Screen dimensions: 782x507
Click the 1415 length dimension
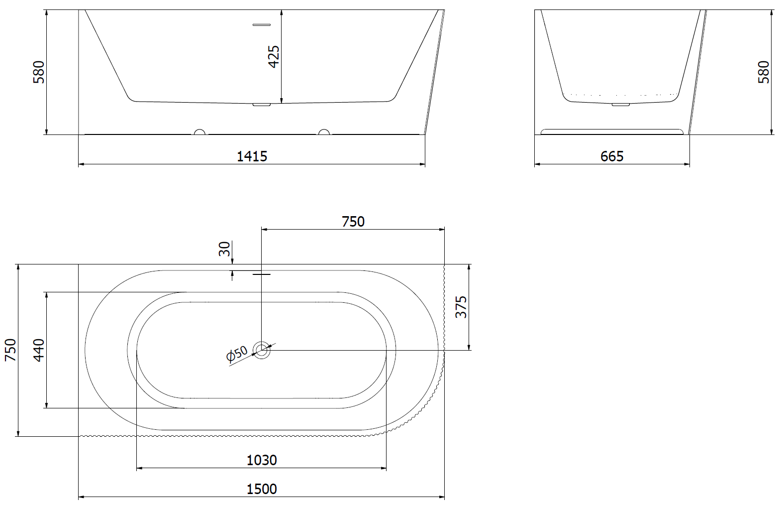coord(252,156)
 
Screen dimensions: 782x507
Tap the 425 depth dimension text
coord(274,56)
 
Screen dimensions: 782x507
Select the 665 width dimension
coord(612,156)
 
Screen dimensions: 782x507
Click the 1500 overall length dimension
coord(262,489)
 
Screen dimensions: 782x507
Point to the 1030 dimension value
coord(262,460)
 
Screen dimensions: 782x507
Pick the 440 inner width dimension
coord(39,350)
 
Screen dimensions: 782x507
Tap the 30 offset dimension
coord(224,249)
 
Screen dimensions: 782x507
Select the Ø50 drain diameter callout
coord(237,353)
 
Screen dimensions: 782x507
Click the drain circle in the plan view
coord(262,350)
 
